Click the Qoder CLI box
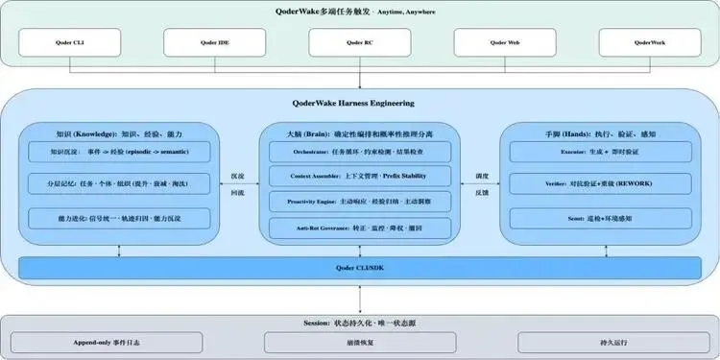tap(67, 42)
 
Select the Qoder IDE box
tap(213, 42)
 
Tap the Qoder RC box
tap(359, 42)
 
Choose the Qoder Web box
tap(505, 42)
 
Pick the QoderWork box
tap(650, 42)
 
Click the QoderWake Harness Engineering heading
tap(359, 103)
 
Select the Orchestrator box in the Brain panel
tap(360, 152)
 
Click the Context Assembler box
tap(360, 177)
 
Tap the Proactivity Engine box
tap(360, 202)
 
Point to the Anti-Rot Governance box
tap(360, 228)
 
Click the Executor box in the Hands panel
tap(600, 152)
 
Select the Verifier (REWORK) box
tap(600, 182)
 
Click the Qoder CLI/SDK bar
tap(359, 269)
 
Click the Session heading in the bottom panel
tap(359, 323)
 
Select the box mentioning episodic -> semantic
tap(119, 152)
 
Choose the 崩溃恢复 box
tap(359, 342)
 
